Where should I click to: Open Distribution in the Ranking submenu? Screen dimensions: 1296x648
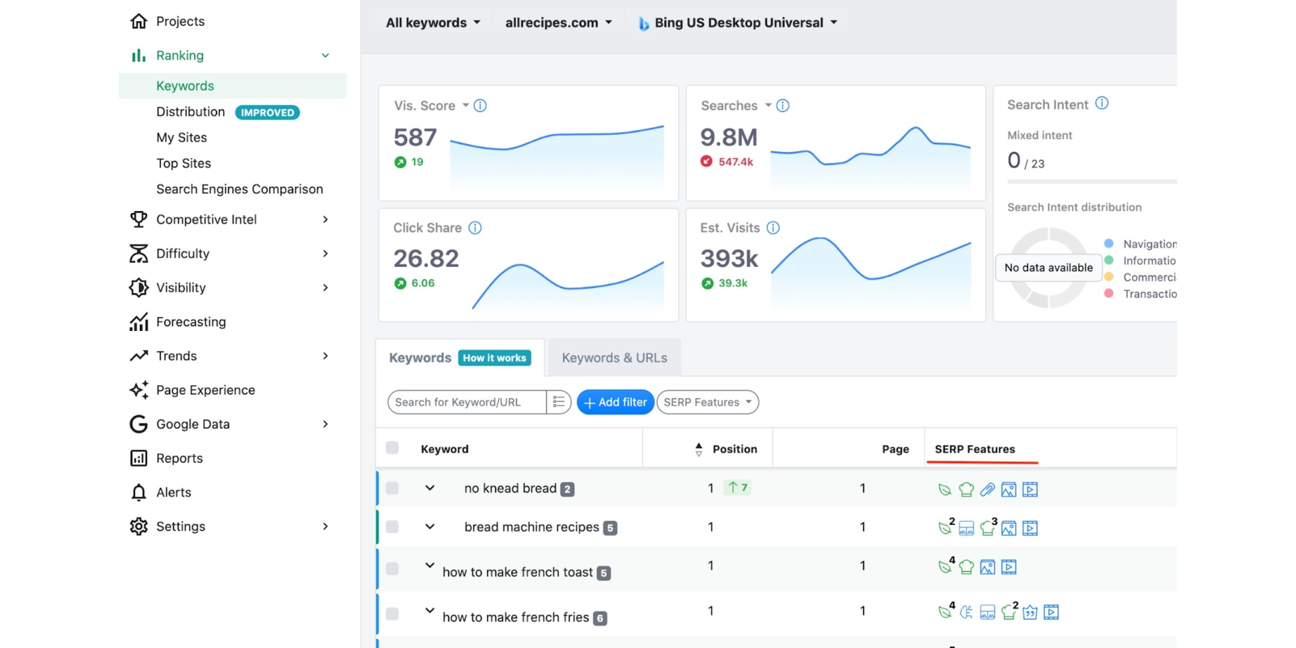pyautogui.click(x=191, y=112)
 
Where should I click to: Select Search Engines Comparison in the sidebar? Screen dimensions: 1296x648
pyautogui.click(x=240, y=189)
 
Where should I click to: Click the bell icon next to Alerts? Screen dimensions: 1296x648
pyautogui.click(x=139, y=492)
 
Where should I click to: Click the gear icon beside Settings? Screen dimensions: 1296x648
pyautogui.click(x=139, y=526)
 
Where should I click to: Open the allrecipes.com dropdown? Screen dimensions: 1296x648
pyautogui.click(x=558, y=23)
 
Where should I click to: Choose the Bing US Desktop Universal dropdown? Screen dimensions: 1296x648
pyautogui.click(x=738, y=23)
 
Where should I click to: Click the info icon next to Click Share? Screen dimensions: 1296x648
pyautogui.click(x=475, y=228)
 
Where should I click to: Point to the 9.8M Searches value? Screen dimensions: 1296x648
pyautogui.click(x=729, y=137)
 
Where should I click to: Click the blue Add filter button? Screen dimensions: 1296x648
pyautogui.click(x=615, y=402)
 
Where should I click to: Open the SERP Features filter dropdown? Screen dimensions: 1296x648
pyautogui.click(x=707, y=402)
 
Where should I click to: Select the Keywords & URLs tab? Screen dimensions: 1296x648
pyautogui.click(x=615, y=358)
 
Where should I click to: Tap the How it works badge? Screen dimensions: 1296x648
pyautogui.click(x=494, y=358)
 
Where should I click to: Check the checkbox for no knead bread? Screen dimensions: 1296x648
pyautogui.click(x=393, y=488)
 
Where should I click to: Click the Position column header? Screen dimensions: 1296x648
pyautogui.click(x=734, y=449)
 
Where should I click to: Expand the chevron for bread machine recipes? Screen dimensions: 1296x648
pyautogui.click(x=430, y=526)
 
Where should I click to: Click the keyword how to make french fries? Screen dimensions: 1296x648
pyautogui.click(x=516, y=617)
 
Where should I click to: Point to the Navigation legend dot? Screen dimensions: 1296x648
pyautogui.click(x=1109, y=244)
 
